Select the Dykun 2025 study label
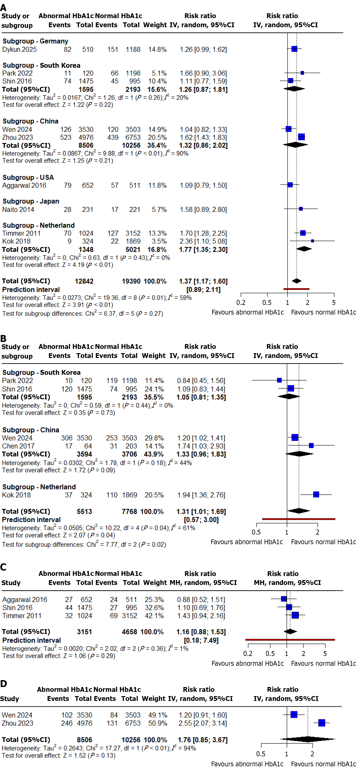[x=19, y=49]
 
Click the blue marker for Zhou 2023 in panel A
[x=301, y=137]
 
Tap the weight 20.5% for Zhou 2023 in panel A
[x=157, y=137]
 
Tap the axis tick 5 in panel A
[x=334, y=303]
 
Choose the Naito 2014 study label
[x=18, y=210]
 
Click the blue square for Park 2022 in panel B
[x=279, y=380]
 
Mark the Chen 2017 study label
[x=18, y=446]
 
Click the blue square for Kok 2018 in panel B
[x=316, y=494]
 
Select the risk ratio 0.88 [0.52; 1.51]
[x=201, y=600]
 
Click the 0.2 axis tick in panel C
[x=248, y=654]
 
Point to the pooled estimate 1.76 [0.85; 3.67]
[x=203, y=740]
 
